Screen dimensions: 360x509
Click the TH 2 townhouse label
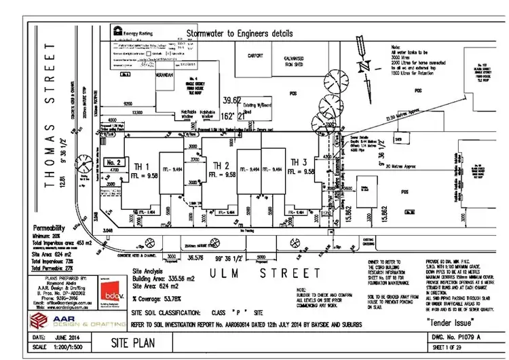pos(220,166)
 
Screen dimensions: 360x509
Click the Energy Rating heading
pos(140,31)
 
